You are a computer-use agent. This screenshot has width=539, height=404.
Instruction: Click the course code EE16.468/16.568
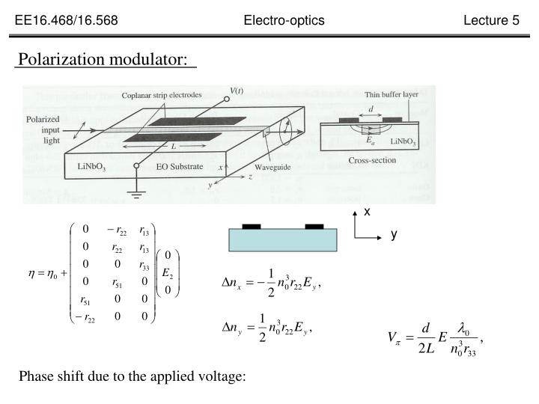tap(66, 20)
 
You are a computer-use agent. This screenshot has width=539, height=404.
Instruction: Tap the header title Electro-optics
tap(284, 20)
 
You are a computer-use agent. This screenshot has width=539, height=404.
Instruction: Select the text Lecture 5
tap(491, 20)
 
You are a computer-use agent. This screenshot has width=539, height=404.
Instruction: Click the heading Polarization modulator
tap(103, 58)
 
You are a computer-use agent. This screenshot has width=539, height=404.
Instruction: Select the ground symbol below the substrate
tap(135, 192)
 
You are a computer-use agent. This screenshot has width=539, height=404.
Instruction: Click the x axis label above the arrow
tap(367, 212)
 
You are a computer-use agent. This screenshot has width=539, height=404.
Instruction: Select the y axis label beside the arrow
tap(393, 234)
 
